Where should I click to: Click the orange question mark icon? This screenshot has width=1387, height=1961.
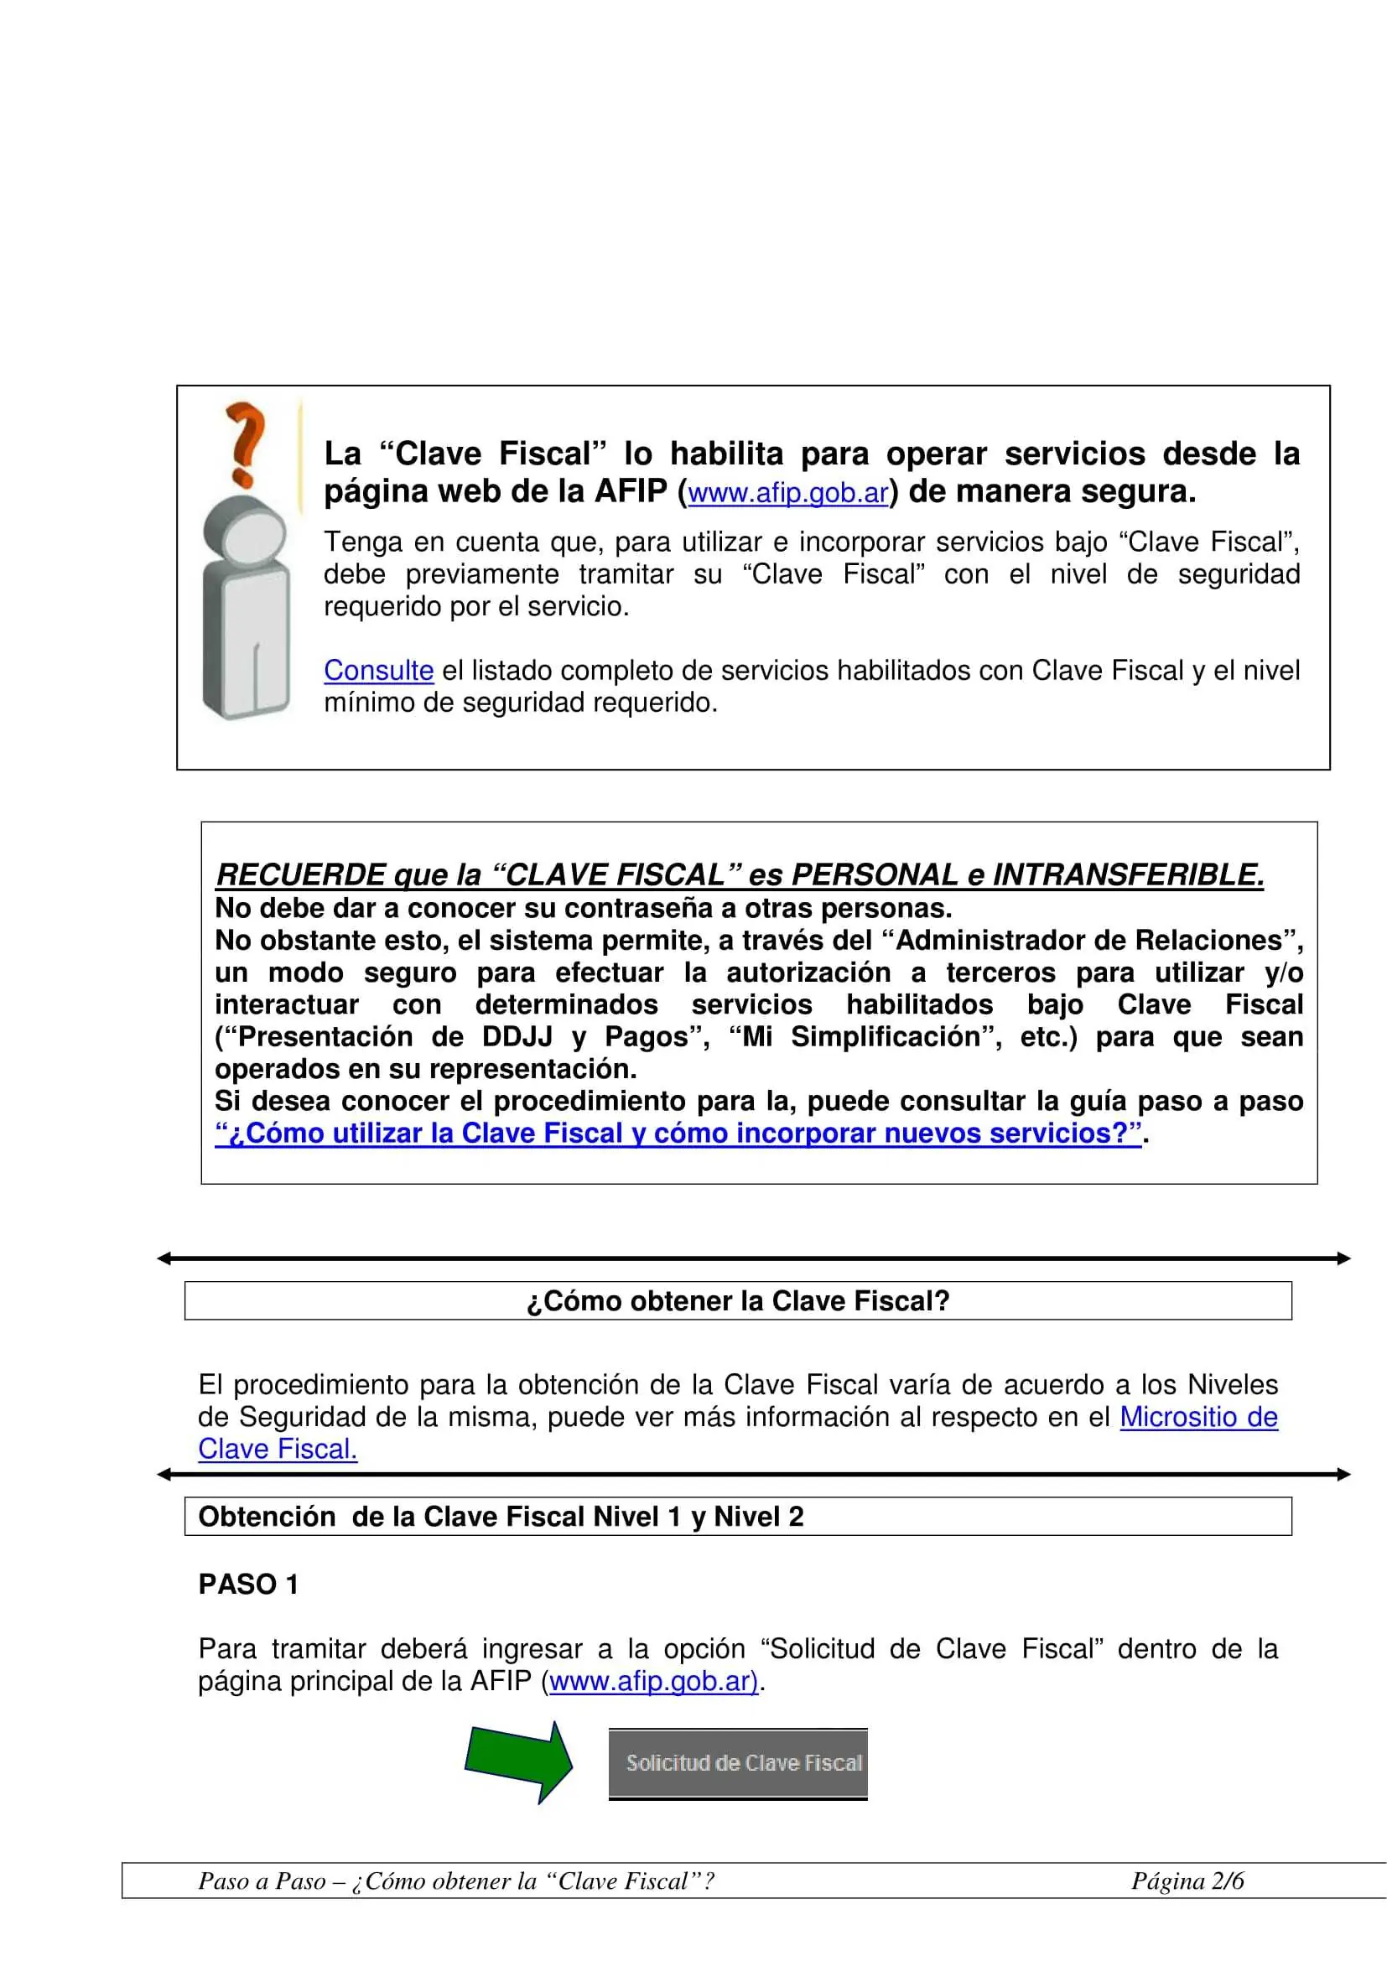click(245, 443)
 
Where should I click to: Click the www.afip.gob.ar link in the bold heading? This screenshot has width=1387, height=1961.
click(787, 494)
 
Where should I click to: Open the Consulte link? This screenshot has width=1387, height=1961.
click(378, 671)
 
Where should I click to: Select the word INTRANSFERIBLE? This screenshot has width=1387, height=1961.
click(1127, 874)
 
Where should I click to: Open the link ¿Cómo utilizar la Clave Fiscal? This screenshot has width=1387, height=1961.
click(678, 1134)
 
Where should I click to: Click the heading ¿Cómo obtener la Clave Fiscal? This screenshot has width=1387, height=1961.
click(738, 1301)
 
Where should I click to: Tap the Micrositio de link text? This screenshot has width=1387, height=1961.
click(1198, 1417)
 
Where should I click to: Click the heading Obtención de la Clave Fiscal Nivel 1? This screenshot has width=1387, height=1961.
click(501, 1517)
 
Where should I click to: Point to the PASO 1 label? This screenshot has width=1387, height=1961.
click(248, 1585)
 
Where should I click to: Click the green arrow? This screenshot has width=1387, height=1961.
click(519, 1762)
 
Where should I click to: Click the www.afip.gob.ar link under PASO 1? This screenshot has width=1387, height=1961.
click(653, 1682)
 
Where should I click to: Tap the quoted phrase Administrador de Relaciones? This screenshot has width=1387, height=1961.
click(1088, 941)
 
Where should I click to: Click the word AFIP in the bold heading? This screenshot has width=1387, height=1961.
click(631, 492)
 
